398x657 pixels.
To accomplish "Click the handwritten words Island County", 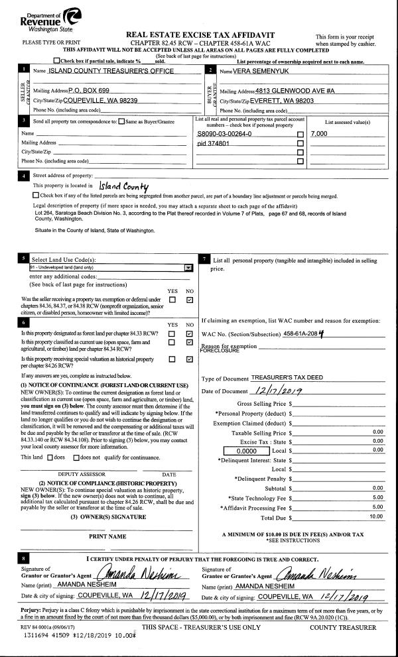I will (x=123, y=187).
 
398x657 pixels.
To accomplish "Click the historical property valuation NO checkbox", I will (x=190, y=360).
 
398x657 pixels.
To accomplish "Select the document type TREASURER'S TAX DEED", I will (x=291, y=377).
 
